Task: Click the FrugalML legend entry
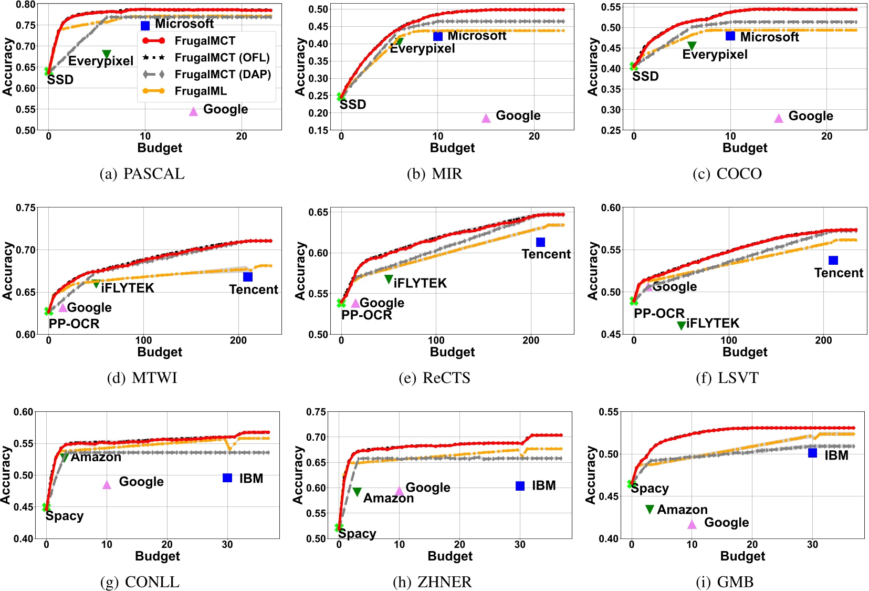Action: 201,91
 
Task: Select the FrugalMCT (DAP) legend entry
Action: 222,74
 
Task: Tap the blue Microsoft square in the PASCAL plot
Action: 145,25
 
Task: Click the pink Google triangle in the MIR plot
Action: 486,118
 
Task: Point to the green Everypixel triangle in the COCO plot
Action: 692,46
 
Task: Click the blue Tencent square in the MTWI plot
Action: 248,276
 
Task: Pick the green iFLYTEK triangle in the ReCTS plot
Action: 389,279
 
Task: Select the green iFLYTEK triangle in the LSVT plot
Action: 681,325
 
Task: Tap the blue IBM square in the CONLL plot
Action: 227,478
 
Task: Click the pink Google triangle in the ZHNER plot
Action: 399,491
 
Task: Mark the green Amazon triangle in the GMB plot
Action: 650,509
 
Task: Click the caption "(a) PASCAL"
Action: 142,174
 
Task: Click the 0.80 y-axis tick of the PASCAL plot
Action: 26,5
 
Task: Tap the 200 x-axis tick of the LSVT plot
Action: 823,340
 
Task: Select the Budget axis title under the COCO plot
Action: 745,148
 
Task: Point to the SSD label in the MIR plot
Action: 353,105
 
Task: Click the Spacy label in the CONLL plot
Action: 65,516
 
